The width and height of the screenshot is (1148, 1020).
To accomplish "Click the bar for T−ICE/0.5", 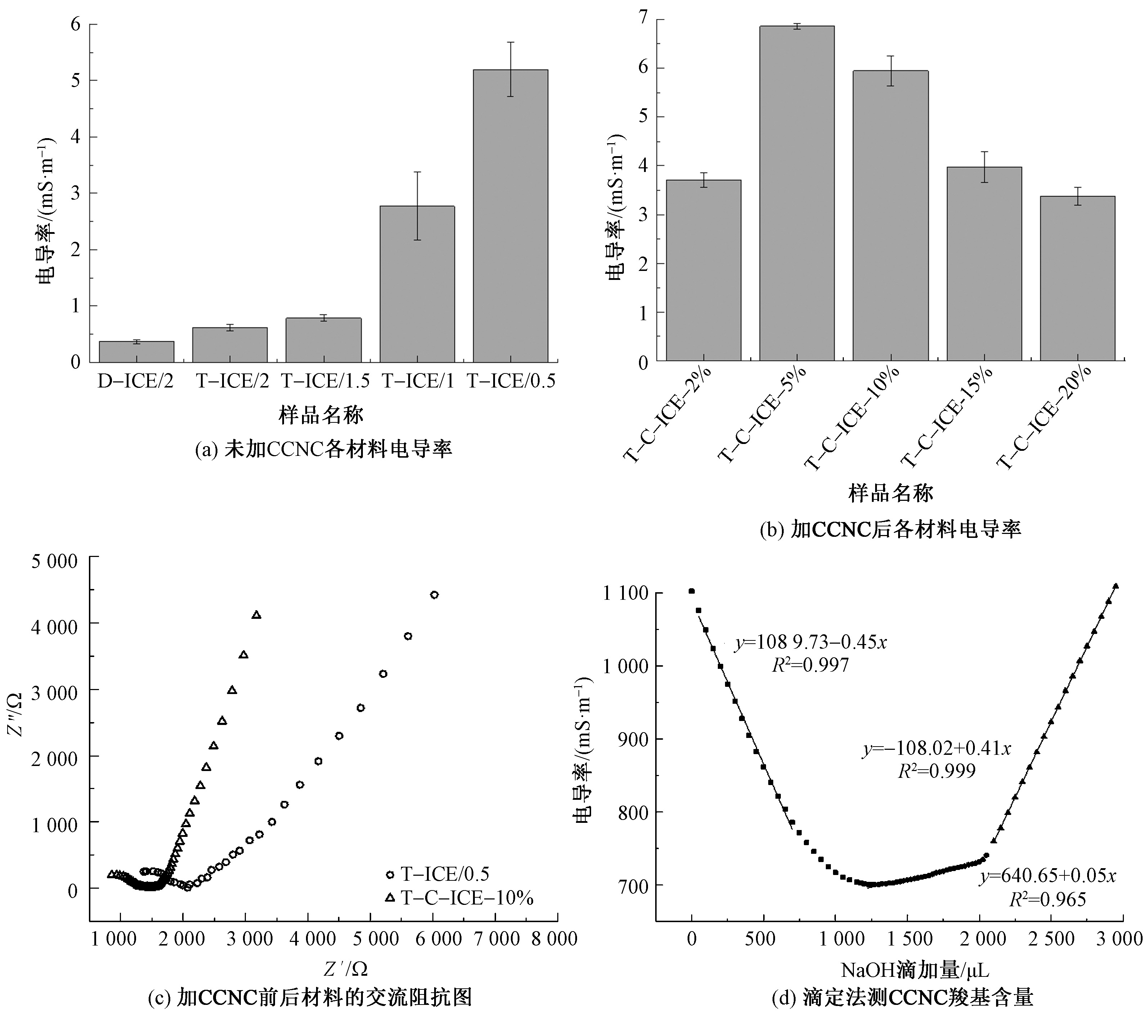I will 510,216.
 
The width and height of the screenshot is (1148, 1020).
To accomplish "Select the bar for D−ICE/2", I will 136,352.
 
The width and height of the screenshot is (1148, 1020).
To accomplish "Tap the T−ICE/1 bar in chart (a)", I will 417,284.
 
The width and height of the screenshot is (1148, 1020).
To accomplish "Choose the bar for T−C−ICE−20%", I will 1077,278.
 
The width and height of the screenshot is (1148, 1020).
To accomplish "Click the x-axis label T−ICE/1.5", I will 325,382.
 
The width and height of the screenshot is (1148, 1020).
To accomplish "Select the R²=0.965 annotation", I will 1047,900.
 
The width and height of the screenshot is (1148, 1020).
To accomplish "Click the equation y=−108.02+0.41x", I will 937,748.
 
